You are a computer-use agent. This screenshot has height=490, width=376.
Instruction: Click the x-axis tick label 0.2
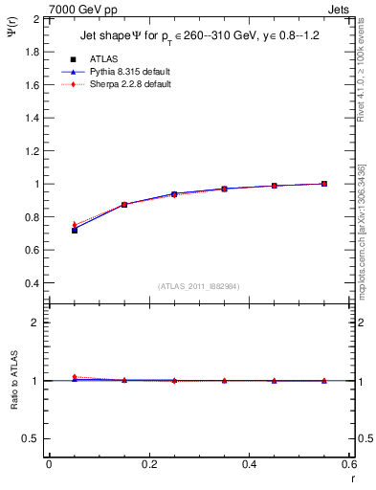[x=148, y=463]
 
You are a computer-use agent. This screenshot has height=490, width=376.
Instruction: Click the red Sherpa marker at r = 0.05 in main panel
[x=74, y=224]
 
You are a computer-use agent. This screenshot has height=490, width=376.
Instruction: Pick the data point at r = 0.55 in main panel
[x=324, y=184]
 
